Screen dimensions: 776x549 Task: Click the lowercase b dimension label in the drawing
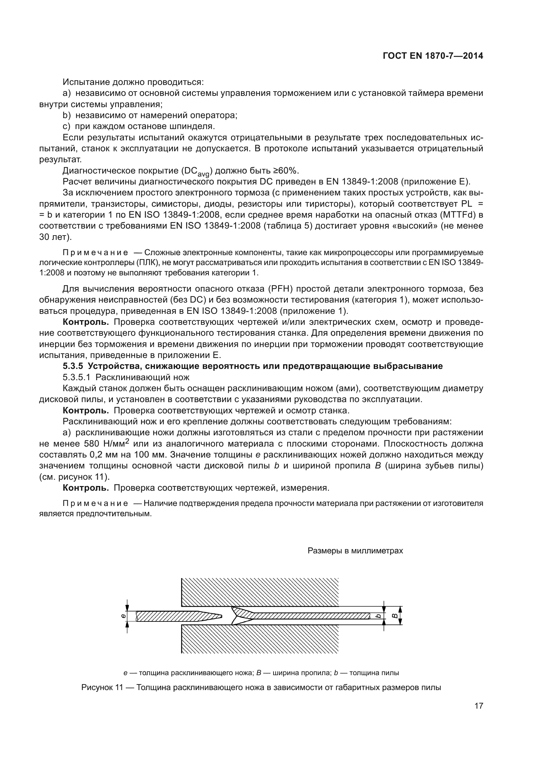click(x=379, y=616)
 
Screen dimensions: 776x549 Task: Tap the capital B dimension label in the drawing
click(x=394, y=616)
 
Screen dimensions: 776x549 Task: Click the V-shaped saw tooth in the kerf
click(x=237, y=615)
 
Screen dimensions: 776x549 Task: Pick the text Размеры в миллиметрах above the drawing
click(x=355, y=551)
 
